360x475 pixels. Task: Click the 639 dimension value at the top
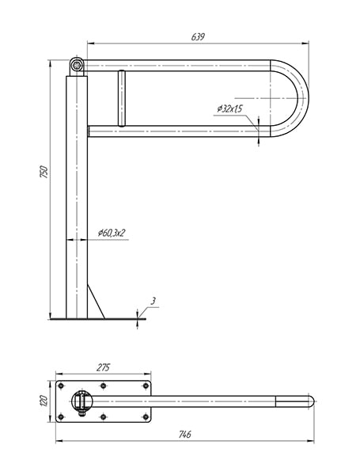198,36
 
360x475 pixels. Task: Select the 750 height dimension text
44,172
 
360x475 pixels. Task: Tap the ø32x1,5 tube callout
229,108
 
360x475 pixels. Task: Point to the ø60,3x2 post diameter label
112,233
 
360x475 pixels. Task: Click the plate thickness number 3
153,301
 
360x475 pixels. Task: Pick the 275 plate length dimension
103,367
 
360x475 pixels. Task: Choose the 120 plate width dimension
44,401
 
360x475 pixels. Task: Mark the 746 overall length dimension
184,434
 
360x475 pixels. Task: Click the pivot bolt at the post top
77,65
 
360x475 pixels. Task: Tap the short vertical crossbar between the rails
122,98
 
